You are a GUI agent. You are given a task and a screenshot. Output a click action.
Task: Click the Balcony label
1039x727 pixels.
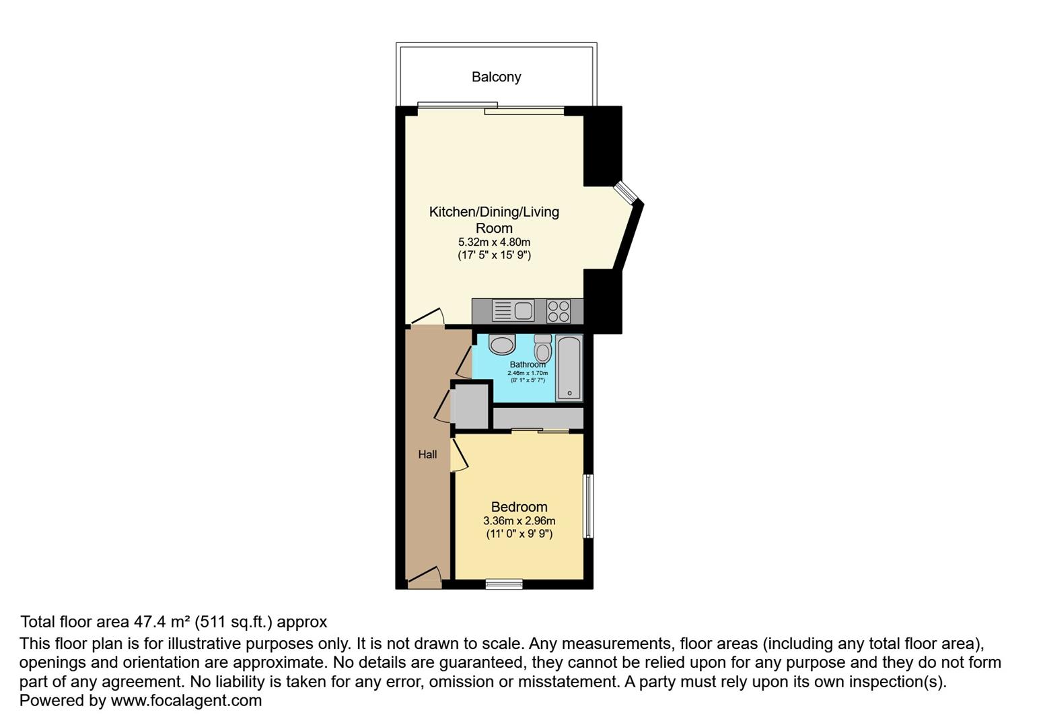pyautogui.click(x=496, y=77)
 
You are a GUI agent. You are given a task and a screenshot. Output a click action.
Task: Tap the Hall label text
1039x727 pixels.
pyautogui.click(x=427, y=454)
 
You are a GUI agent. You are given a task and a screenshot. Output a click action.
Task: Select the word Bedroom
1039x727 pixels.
pyautogui.click(x=519, y=507)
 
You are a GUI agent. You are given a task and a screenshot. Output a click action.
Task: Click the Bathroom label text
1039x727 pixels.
pyautogui.click(x=528, y=365)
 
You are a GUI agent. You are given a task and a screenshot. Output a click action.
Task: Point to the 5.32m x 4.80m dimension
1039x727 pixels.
pyautogui.click(x=494, y=242)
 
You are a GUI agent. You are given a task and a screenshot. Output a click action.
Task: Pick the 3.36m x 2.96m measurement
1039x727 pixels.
pyautogui.click(x=519, y=520)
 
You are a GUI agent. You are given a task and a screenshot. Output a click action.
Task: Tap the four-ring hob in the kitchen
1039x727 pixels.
pyautogui.click(x=559, y=311)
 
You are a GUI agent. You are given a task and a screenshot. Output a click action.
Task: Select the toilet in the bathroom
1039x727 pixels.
pyautogui.click(x=542, y=348)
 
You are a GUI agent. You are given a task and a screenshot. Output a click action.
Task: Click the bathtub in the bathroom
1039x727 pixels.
pyautogui.click(x=569, y=368)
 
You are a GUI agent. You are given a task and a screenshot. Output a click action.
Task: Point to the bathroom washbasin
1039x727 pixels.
pyautogui.click(x=501, y=345)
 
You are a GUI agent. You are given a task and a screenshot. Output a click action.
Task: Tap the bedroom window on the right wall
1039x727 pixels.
pyautogui.click(x=587, y=506)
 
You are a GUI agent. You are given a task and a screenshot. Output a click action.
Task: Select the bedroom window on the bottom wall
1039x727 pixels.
pyautogui.click(x=504, y=584)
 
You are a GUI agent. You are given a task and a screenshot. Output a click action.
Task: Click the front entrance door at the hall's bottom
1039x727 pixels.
pyautogui.click(x=424, y=576)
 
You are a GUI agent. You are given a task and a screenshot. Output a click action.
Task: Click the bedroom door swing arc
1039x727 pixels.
pyautogui.click(x=460, y=455)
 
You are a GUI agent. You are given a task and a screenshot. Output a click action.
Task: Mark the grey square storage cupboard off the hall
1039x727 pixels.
pyautogui.click(x=470, y=405)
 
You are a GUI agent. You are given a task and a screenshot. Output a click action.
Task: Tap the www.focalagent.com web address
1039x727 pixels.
pyautogui.click(x=186, y=701)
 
